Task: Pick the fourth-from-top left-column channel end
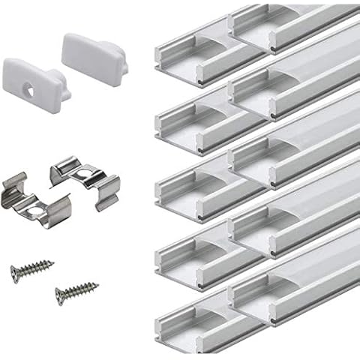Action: pyautogui.click(x=174, y=247)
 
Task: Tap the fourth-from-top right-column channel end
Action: pyautogui.click(x=251, y=222)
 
